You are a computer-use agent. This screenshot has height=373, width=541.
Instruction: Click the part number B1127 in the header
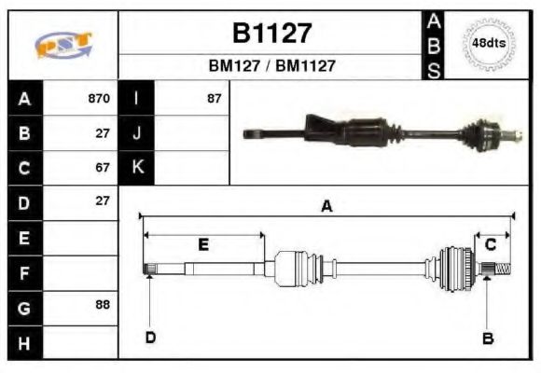click(x=270, y=34)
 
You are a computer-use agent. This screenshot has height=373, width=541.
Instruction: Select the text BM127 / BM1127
click(x=270, y=66)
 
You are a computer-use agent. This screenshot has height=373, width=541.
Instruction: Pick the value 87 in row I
click(x=215, y=98)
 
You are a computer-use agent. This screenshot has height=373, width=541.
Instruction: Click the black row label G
click(x=24, y=307)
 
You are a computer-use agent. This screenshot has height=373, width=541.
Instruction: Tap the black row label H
click(x=24, y=342)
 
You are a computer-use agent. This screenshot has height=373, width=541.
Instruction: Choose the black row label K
click(x=137, y=168)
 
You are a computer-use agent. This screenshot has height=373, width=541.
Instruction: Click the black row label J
click(x=137, y=133)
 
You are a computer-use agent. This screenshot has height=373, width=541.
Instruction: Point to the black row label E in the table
click(x=24, y=238)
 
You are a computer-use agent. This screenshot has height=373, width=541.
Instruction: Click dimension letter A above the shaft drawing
click(x=326, y=207)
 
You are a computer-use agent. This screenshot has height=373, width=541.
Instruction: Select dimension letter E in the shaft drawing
click(x=203, y=245)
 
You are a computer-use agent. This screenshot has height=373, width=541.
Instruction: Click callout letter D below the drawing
click(x=149, y=338)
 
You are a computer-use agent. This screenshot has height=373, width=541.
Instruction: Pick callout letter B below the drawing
click(x=487, y=338)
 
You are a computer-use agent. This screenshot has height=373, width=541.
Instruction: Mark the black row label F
click(x=24, y=272)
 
